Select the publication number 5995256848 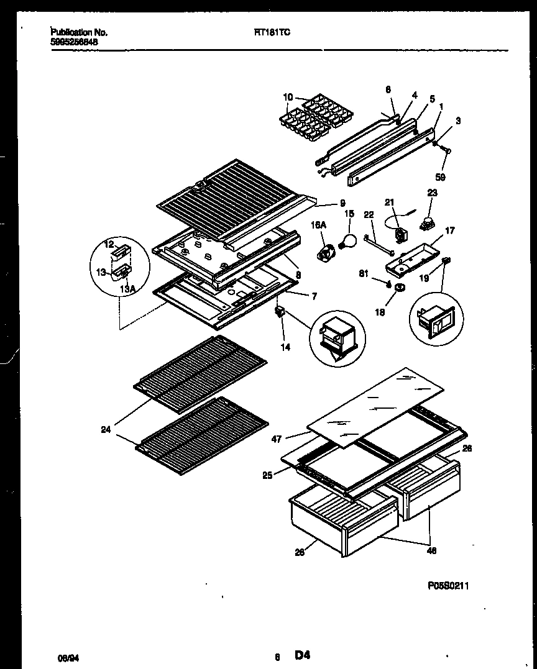[x=75, y=43]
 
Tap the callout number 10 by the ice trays [x=287, y=98]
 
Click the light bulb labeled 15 [x=348, y=239]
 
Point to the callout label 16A [x=319, y=228]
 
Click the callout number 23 [x=432, y=193]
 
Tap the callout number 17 [x=450, y=230]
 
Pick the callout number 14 [x=285, y=347]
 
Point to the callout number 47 [x=277, y=439]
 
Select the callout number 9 [x=342, y=203]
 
